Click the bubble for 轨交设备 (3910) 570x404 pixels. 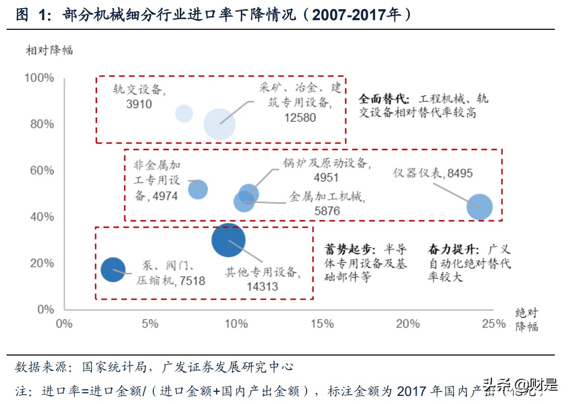tap(184, 114)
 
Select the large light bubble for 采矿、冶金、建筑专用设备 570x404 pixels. tap(220, 124)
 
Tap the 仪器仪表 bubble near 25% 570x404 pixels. tap(479, 207)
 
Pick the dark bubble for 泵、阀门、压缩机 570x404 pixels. tap(113, 270)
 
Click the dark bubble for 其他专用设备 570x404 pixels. tap(229, 240)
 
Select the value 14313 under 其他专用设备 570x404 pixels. tap(263, 286)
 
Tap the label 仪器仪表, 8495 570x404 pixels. tap(433, 173)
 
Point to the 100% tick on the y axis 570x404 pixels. tap(39, 78)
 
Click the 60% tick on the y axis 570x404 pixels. tap(41, 170)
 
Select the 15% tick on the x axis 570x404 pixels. tap(322, 324)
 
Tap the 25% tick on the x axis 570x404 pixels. tap(493, 324)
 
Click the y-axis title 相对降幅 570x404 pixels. tap(49, 50)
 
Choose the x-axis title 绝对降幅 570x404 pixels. tap(527, 320)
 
